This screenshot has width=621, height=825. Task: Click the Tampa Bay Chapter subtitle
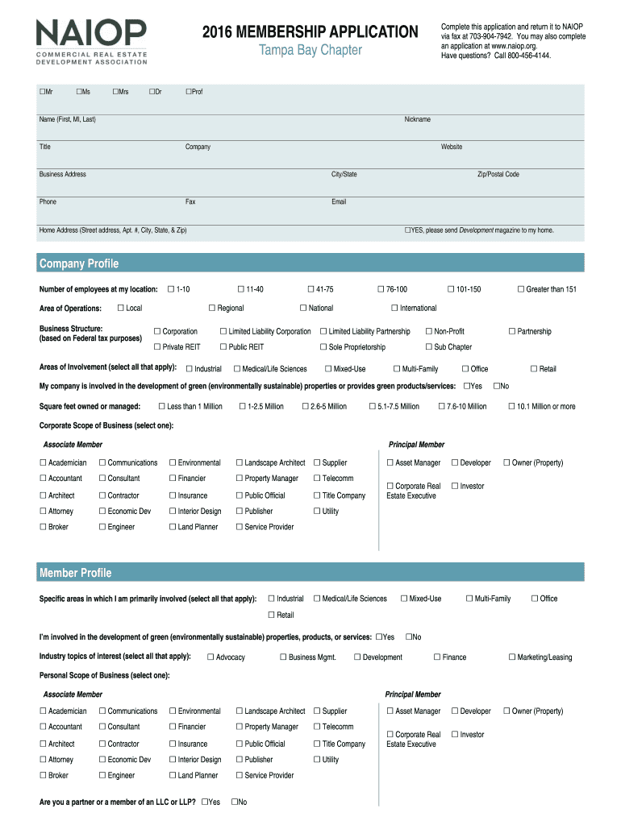click(x=310, y=52)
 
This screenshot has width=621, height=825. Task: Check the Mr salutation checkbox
click(x=42, y=92)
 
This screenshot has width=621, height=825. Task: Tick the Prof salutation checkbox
click(x=189, y=92)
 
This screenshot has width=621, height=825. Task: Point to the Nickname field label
click(x=417, y=119)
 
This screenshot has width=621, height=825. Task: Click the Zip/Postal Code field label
click(x=498, y=174)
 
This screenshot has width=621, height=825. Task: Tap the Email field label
click(x=339, y=201)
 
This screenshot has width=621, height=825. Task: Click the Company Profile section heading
click(x=79, y=263)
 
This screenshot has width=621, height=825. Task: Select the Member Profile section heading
click(x=76, y=573)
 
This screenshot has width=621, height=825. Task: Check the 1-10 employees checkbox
click(x=170, y=288)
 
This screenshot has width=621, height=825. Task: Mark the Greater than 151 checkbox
click(x=521, y=288)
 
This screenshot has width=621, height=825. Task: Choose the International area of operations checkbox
click(x=394, y=308)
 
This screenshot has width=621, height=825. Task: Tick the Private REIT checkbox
click(x=157, y=346)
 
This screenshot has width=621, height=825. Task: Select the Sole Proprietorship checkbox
click(x=323, y=346)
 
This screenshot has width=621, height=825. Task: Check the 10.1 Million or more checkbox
click(x=511, y=406)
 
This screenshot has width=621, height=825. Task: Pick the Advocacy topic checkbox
click(x=210, y=657)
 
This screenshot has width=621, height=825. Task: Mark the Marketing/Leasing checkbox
click(x=511, y=657)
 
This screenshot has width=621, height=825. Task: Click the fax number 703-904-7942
click(x=482, y=36)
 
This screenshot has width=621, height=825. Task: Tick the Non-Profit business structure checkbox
click(x=429, y=331)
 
